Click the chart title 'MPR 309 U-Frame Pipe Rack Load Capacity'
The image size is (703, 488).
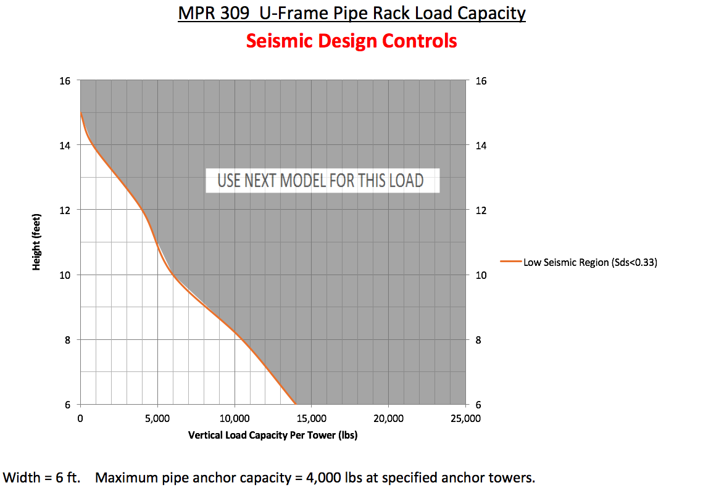[x=351, y=13]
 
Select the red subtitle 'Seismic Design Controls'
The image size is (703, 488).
[x=351, y=41]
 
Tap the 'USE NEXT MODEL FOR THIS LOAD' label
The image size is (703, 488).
[x=320, y=181]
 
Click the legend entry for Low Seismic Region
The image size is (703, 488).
[x=589, y=262]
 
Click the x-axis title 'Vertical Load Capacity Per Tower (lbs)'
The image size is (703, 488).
[x=273, y=435]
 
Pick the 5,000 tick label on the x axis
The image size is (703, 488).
[x=157, y=418]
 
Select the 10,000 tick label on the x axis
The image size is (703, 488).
[x=235, y=418]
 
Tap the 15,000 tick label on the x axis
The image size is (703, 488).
[x=312, y=418]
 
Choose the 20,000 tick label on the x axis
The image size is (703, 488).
[x=389, y=418]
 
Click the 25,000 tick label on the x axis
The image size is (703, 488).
[x=465, y=418]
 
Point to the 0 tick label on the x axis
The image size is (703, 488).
[x=80, y=418]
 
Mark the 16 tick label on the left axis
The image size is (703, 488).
[x=66, y=80]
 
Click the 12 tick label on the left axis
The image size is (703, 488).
[x=66, y=210]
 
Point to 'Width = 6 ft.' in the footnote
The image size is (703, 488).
[x=42, y=478]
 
